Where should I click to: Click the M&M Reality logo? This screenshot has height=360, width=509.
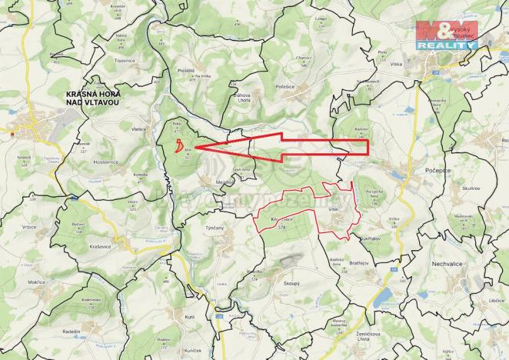click(447, 35)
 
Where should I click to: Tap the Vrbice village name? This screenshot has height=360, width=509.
click(28, 228)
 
